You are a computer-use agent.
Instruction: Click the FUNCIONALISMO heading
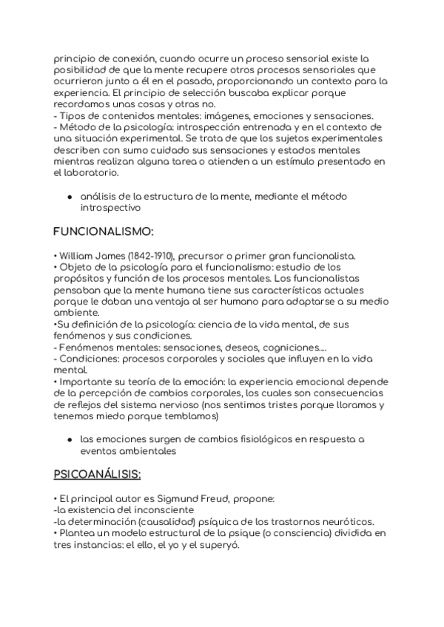(x=104, y=232)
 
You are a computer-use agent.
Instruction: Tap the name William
(x=75, y=256)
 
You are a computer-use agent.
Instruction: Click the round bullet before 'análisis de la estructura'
(x=69, y=197)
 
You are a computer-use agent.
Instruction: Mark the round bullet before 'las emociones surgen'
(x=69, y=438)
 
